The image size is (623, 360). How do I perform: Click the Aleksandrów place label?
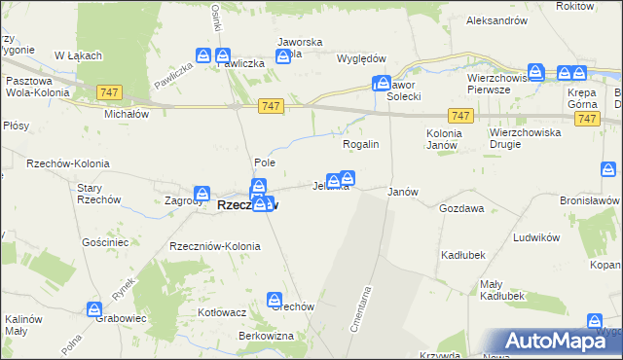coord(496,19)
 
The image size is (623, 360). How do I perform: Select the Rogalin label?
coord(360,144)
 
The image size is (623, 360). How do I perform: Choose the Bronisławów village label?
coord(590,198)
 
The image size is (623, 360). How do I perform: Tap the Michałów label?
coord(126,113)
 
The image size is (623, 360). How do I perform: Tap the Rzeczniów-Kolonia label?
coord(215,246)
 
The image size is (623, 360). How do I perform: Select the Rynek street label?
coord(122,286)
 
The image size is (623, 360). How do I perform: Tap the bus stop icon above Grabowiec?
coord(94,309)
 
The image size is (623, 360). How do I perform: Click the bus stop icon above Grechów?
coord(276,300)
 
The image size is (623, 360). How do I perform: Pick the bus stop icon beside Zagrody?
coord(202,194)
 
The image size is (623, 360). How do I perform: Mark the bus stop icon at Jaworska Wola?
coord(283,55)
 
